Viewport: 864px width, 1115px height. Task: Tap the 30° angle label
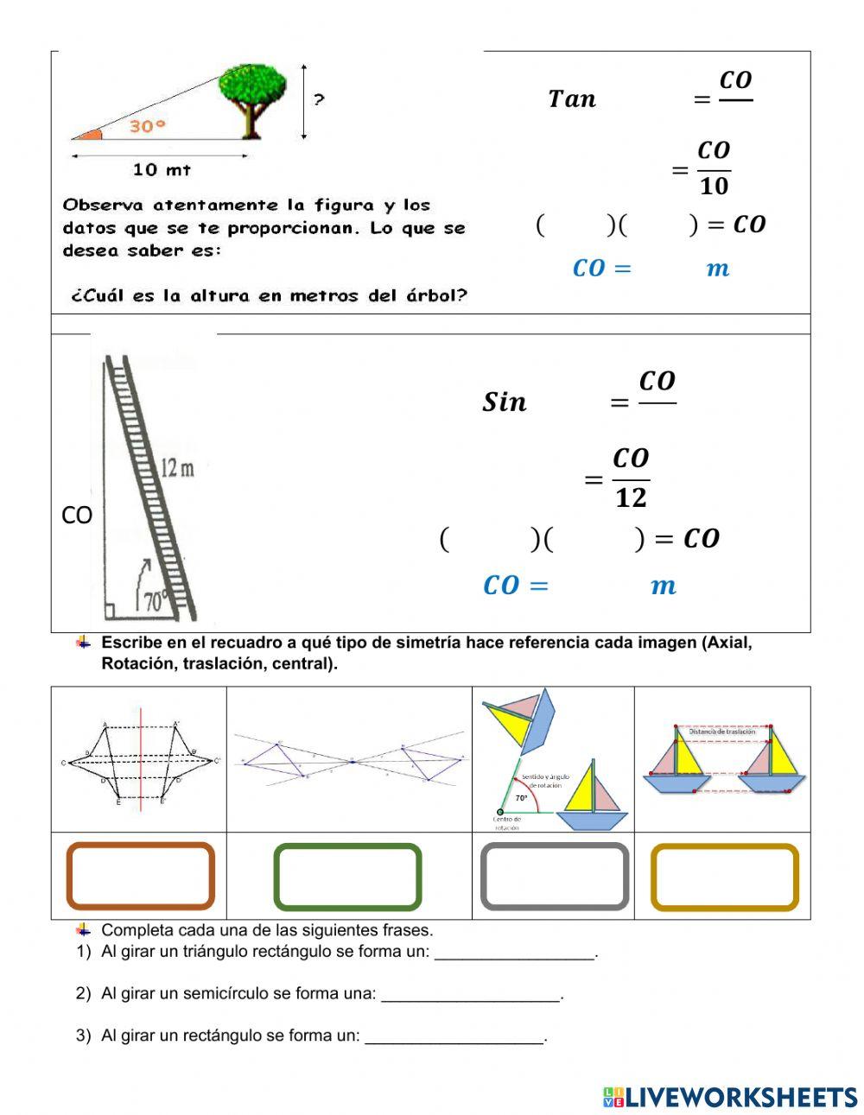pyautogui.click(x=147, y=127)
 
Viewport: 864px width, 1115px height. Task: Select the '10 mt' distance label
pyautogui.click(x=162, y=170)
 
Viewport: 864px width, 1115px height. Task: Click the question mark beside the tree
pyautogui.click(x=319, y=100)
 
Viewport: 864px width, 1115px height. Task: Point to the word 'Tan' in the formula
pyautogui.click(x=572, y=99)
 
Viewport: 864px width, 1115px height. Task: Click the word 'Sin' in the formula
pyautogui.click(x=504, y=402)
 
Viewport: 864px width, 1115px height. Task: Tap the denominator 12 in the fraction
pyautogui.click(x=631, y=498)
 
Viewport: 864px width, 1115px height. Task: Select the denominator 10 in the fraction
pyautogui.click(x=714, y=186)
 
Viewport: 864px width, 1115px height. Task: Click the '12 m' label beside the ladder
pyautogui.click(x=177, y=468)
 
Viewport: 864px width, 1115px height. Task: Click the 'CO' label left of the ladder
pyautogui.click(x=76, y=516)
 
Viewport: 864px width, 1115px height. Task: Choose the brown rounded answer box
pyautogui.click(x=140, y=876)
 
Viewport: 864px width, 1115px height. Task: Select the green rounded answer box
pyautogui.click(x=347, y=877)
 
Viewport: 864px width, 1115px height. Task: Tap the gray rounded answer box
pyautogui.click(x=554, y=877)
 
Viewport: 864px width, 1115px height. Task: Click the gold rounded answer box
pyautogui.click(x=724, y=877)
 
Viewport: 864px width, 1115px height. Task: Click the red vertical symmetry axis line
pyautogui.click(x=141, y=760)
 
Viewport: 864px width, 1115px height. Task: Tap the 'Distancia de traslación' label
pyautogui.click(x=721, y=732)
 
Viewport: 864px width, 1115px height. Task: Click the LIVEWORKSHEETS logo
pyautogui.click(x=729, y=1097)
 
